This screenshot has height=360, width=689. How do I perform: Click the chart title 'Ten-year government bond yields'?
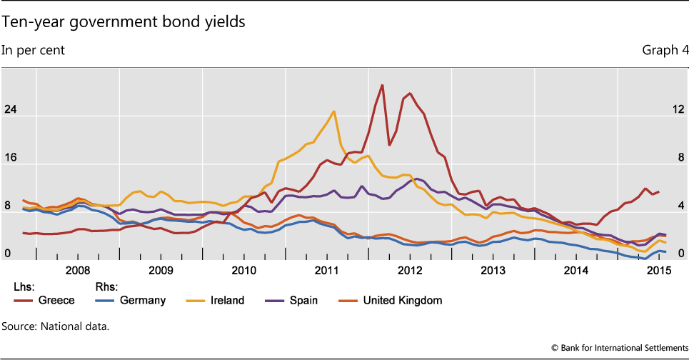124,22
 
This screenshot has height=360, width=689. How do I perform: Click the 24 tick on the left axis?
9,109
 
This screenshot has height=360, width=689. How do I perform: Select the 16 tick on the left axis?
9,158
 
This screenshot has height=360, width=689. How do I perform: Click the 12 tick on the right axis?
678,109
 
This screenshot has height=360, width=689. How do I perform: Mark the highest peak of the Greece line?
383,85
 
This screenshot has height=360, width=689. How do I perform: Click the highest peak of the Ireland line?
333,111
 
